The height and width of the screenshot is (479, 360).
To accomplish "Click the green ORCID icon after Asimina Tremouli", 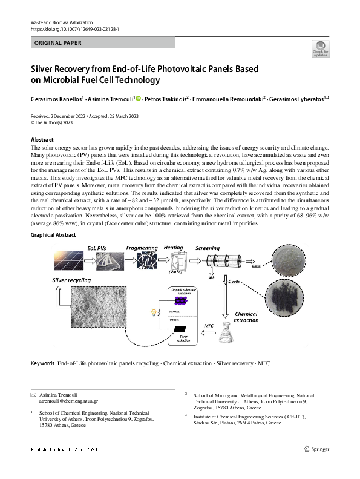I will (138, 98).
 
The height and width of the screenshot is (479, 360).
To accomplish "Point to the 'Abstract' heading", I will (42, 140).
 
